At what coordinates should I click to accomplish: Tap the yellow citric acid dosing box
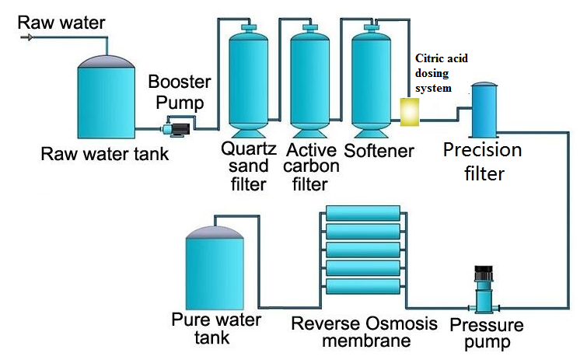[409, 111]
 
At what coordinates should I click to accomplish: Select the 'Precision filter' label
[482, 162]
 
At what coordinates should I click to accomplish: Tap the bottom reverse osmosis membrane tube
[363, 285]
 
